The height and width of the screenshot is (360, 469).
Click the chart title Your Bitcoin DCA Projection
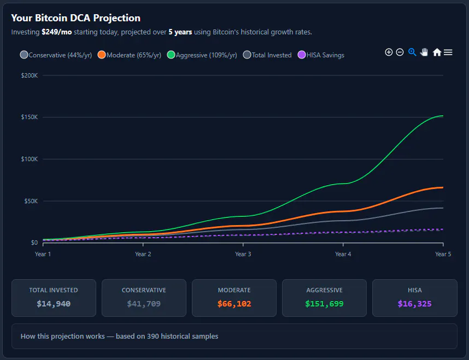(x=75, y=18)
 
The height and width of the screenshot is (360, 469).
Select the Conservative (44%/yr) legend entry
(x=56, y=55)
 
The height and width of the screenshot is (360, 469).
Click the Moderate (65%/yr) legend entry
(x=130, y=55)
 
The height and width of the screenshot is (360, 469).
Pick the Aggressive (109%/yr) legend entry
(x=202, y=55)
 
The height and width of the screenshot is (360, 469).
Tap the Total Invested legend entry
(x=267, y=55)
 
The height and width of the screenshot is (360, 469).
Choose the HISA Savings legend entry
(x=321, y=55)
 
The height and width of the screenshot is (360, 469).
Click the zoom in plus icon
(x=389, y=52)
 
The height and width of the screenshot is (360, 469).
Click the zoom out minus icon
(x=400, y=52)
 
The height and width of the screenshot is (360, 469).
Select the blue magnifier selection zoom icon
(x=412, y=52)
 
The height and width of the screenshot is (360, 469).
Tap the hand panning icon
(x=424, y=52)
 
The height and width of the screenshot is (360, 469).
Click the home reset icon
(x=437, y=52)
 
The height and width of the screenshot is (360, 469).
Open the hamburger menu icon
(x=448, y=52)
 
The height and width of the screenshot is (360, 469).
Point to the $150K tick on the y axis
(x=30, y=117)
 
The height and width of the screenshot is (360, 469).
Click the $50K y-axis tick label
(x=31, y=201)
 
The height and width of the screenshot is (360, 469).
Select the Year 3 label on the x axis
(x=243, y=254)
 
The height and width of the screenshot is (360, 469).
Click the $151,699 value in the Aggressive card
(x=324, y=304)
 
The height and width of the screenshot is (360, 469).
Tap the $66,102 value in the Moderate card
(x=234, y=304)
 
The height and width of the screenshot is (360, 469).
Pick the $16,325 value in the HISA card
(x=414, y=304)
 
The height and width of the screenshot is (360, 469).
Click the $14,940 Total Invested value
(x=54, y=304)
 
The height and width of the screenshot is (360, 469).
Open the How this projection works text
(x=119, y=337)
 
